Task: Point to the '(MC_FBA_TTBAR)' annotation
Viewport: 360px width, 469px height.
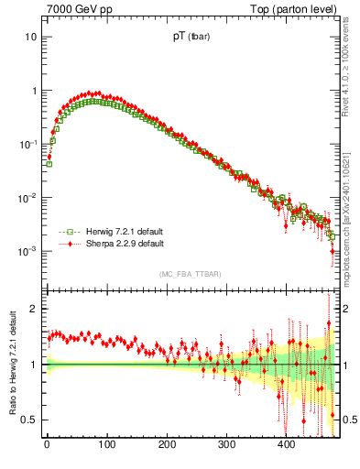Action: (191, 274)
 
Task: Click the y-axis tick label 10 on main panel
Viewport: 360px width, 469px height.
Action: (30, 38)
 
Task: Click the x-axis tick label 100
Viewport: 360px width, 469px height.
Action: (106, 445)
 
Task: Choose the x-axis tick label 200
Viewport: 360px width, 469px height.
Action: (167, 445)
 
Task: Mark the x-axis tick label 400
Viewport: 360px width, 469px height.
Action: (287, 445)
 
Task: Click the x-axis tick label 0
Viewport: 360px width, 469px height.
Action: (47, 445)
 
